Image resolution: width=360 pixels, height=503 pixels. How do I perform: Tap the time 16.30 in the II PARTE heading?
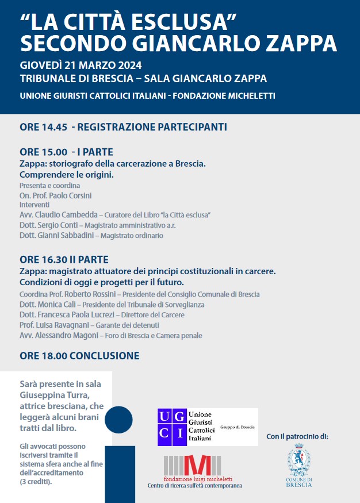[55, 260]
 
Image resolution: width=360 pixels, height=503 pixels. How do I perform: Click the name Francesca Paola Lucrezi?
[77, 315]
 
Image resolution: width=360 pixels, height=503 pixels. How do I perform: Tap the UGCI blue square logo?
[172, 427]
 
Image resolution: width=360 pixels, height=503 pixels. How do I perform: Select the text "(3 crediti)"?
[36, 482]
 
